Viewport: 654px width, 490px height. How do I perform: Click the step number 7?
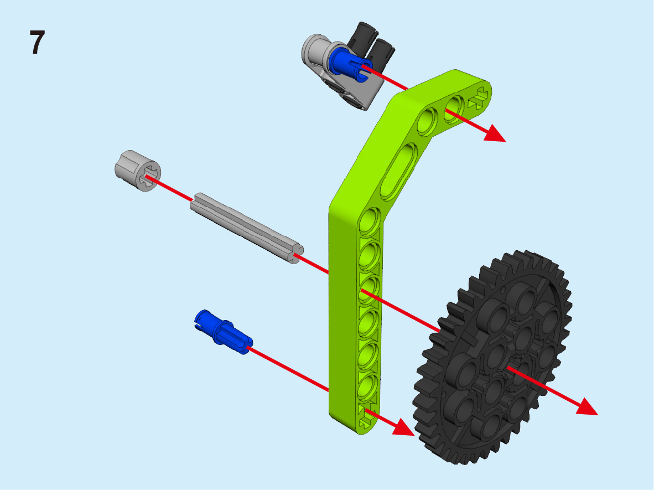37,43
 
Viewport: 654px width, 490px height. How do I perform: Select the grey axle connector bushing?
138,171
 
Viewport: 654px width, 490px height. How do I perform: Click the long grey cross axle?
247,228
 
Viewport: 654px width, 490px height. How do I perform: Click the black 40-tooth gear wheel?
493,358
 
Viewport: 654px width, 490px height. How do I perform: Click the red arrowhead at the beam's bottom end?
403,427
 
